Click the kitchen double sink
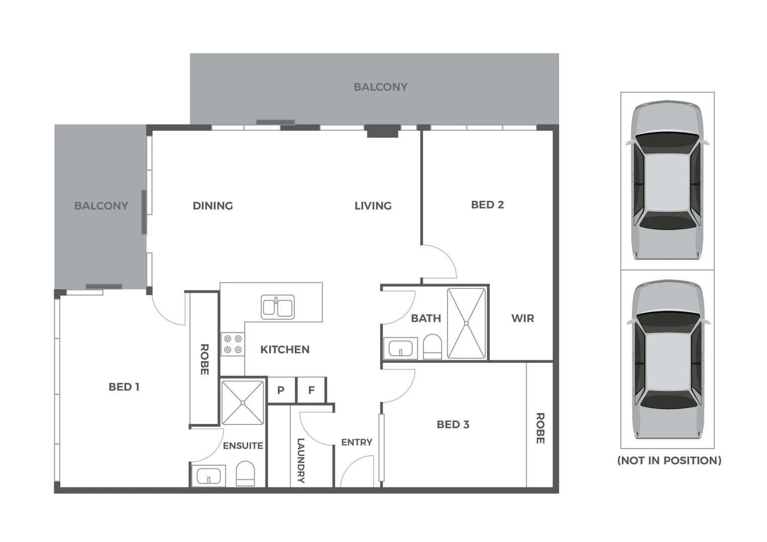(277, 307)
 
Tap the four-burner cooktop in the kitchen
(233, 344)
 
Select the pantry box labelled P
(281, 390)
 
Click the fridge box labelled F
(311, 390)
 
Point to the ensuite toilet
(246, 474)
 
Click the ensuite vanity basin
(208, 475)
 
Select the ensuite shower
(243, 402)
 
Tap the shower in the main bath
(467, 323)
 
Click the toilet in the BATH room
(432, 347)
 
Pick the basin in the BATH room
(400, 348)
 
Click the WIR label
(522, 318)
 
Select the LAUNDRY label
(300, 460)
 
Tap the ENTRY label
(357, 442)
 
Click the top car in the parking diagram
(667, 181)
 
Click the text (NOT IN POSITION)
(669, 460)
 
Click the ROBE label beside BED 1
(204, 359)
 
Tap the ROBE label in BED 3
(540, 428)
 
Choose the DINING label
(212, 206)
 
